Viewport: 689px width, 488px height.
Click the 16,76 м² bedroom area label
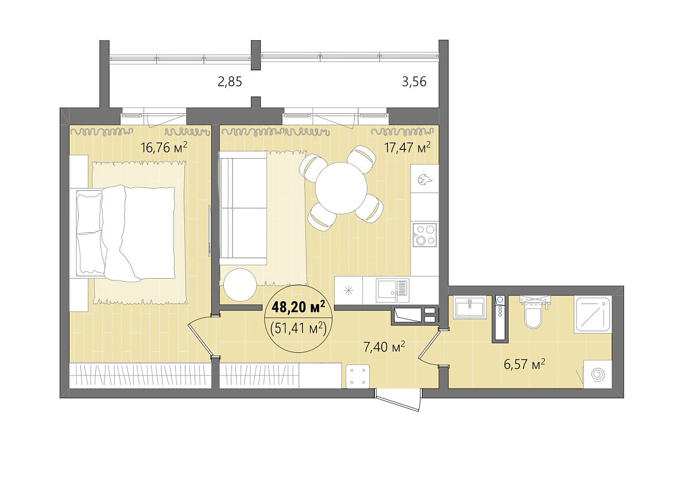click(x=164, y=148)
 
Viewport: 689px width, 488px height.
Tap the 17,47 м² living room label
click(x=407, y=148)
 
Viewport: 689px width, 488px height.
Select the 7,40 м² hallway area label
click(x=384, y=347)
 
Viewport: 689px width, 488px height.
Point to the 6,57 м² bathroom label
click(x=524, y=364)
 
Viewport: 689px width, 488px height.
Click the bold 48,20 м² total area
click(x=299, y=307)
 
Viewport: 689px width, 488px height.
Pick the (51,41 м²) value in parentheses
click(x=298, y=329)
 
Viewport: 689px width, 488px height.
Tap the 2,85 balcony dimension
click(x=230, y=82)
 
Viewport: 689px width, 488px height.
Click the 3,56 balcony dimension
click(x=414, y=82)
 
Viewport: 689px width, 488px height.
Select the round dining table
click(x=341, y=188)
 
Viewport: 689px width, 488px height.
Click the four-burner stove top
click(x=425, y=235)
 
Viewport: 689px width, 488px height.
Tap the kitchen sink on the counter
click(x=393, y=291)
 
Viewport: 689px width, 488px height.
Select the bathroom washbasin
click(x=470, y=307)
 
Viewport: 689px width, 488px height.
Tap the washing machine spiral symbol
click(x=598, y=374)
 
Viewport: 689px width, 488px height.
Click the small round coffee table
click(x=240, y=285)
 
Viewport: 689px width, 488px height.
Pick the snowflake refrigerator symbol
click(x=349, y=291)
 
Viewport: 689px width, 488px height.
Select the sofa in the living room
click(x=243, y=208)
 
